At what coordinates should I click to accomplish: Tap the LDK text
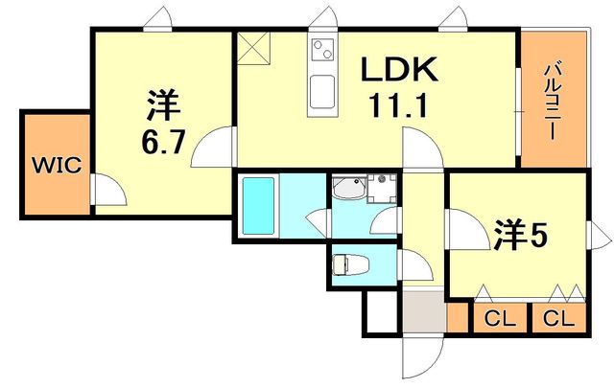[399, 70]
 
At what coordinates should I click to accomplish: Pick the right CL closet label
[559, 318]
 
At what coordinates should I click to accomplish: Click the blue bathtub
[259, 205]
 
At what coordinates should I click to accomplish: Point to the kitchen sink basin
[320, 94]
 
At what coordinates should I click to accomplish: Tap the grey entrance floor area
[423, 310]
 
